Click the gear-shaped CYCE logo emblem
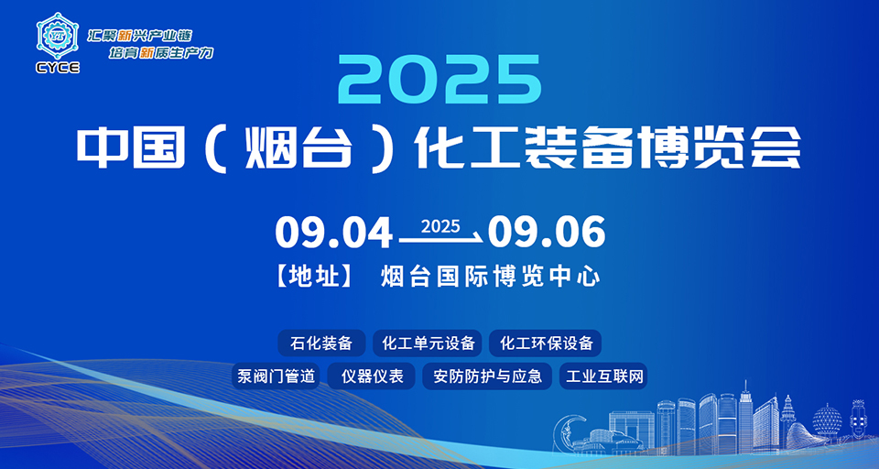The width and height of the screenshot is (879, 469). tap(58, 36)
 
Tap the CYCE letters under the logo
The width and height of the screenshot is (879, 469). tap(58, 67)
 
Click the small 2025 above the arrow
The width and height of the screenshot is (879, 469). tap(440, 225)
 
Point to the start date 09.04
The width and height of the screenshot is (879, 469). tap(333, 233)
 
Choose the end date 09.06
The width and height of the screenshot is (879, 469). tap(547, 233)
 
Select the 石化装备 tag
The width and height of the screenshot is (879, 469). tap(321, 343)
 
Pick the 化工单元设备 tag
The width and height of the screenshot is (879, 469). tap(428, 343)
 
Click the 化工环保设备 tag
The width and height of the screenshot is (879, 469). tap(546, 343)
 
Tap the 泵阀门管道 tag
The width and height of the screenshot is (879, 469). tap(276, 376)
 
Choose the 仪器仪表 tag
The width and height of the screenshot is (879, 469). tap(371, 376)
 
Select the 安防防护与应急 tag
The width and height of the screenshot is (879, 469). tap(487, 376)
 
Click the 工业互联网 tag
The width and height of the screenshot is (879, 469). tap(603, 376)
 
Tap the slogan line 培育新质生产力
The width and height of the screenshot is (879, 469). tap(161, 53)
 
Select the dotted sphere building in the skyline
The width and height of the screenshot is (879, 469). tap(828, 419)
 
